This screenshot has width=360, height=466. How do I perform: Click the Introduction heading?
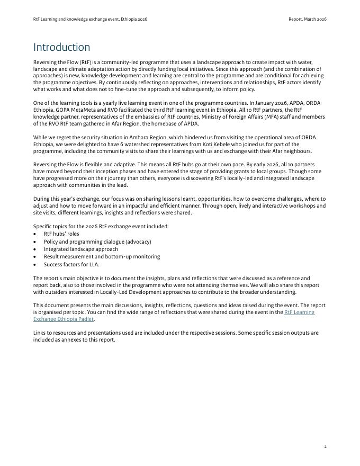pyautogui.click(x=61, y=48)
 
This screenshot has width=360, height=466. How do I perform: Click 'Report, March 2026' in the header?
pyautogui.click(x=307, y=19)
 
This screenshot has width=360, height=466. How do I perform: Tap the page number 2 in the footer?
pyautogui.click(x=325, y=447)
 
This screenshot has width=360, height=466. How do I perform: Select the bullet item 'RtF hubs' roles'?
pyautogui.click(x=61, y=234)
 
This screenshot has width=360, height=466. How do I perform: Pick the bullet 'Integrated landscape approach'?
pyautogui.click(x=81, y=249)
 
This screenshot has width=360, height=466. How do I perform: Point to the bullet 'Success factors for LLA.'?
pyautogui.click(x=71, y=264)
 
